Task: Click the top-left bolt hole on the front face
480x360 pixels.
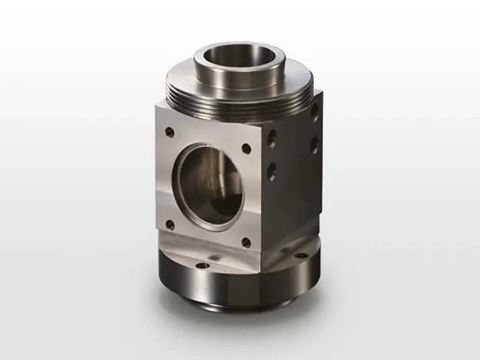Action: pyautogui.click(x=169, y=132)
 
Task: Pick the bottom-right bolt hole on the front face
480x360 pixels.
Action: pyautogui.click(x=245, y=242)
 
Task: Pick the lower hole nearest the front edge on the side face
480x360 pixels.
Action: pyautogui.click(x=272, y=171)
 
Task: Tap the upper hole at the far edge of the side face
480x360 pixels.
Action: pyautogui.click(x=315, y=113)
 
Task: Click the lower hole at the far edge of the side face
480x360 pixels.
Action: pyautogui.click(x=314, y=144)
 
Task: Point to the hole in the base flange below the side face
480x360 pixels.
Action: pyautogui.click(x=302, y=254)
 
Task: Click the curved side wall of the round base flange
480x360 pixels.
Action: pyautogui.click(x=231, y=288)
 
